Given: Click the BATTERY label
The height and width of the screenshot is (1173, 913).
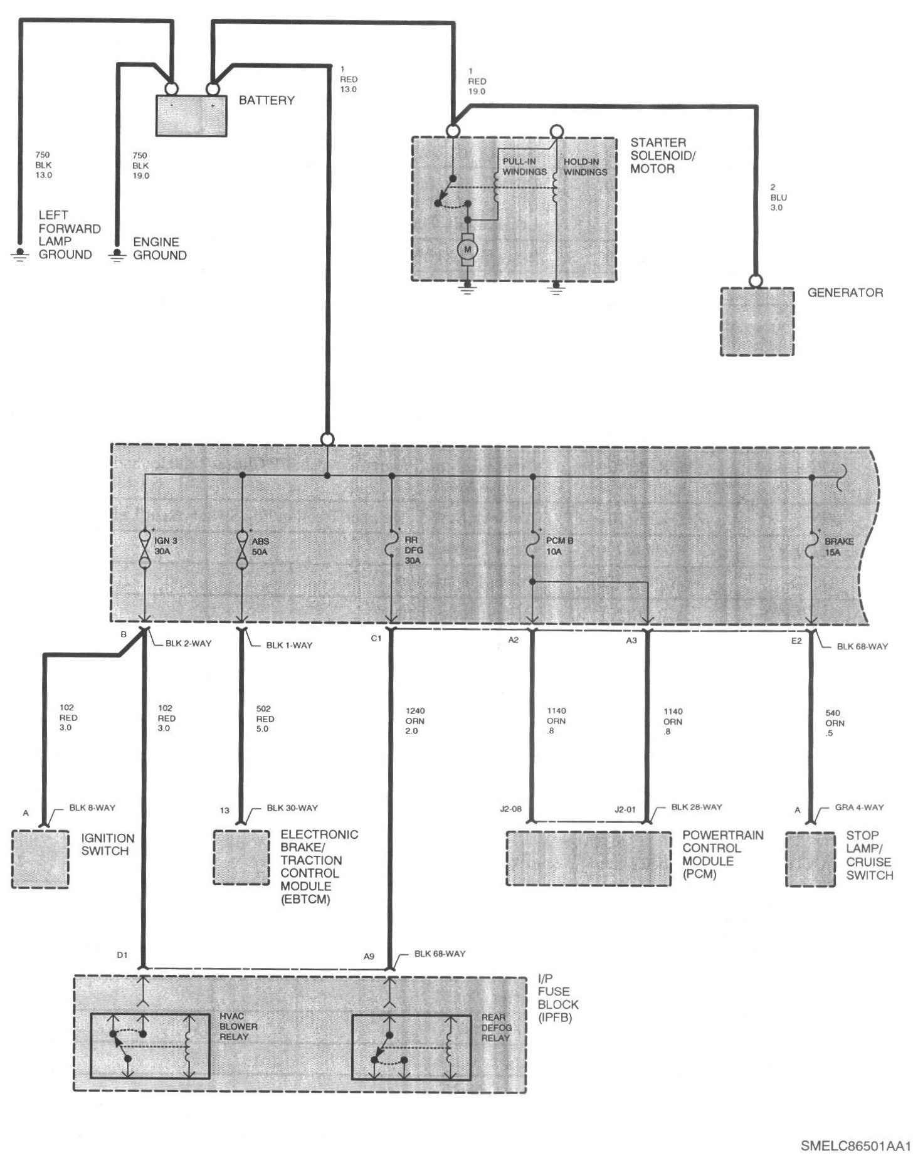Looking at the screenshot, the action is tap(267, 100).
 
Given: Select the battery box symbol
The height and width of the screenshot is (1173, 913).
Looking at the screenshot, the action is tap(191, 115).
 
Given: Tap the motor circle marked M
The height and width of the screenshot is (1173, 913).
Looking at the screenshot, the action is tap(467, 250).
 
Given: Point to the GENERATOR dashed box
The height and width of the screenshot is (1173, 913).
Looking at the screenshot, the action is tap(757, 322).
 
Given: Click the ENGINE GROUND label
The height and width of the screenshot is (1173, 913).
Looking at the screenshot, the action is tap(160, 248).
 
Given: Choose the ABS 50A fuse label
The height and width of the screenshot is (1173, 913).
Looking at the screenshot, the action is tap(260, 547).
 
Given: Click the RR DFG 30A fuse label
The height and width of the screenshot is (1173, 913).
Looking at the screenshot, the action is tap(412, 550).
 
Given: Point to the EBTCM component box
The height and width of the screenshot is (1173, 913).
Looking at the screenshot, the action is tap(241, 858).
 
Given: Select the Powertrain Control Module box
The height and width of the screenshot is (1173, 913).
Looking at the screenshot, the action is tap(588, 858).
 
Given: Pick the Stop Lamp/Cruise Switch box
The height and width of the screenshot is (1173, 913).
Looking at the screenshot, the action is tap(811, 859).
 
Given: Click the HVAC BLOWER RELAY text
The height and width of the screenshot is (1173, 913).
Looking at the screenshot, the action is tap(238, 1027).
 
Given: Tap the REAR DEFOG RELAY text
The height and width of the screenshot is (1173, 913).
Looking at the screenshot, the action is tap(496, 1028).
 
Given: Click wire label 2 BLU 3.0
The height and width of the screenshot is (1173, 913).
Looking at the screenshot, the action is tap(778, 197).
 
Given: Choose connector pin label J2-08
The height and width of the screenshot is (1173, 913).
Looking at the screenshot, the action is tap(510, 809).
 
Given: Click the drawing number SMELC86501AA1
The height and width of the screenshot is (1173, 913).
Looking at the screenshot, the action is tap(855, 1145).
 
